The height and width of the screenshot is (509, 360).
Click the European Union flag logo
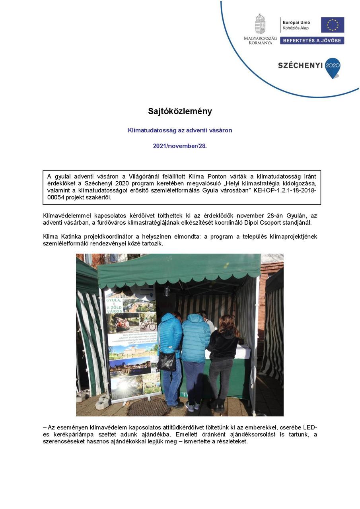coord(332,25)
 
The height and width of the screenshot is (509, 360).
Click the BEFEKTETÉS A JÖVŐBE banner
coord(312,41)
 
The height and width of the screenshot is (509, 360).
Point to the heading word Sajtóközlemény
coord(180,111)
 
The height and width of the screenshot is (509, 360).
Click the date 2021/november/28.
coord(180,146)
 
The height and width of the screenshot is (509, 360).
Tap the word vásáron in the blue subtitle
coord(220,130)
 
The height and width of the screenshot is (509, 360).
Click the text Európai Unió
coord(296,23)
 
